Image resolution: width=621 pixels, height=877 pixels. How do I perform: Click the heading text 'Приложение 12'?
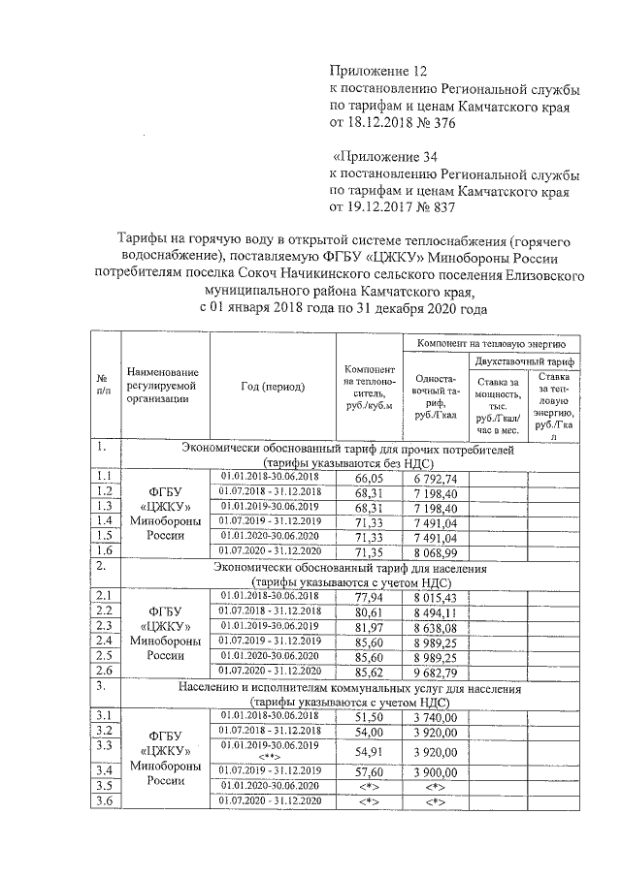pyautogui.click(x=378, y=71)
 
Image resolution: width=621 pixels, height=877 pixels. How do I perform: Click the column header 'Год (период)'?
pyautogui.click(x=273, y=387)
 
